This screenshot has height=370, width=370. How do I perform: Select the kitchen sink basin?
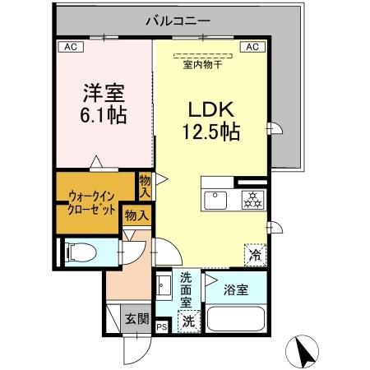point(217,201)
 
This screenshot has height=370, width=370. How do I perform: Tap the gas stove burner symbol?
point(251,200)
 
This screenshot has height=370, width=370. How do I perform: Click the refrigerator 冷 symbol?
point(256,255)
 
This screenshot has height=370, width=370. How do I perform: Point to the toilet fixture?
point(81,252)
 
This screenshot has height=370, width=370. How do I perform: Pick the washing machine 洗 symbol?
point(189,320)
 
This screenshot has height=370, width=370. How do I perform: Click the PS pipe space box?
point(160,326)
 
